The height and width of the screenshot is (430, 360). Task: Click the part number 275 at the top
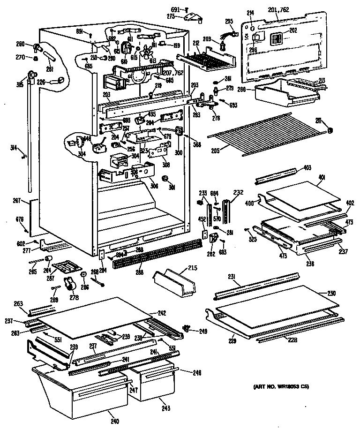[171, 16]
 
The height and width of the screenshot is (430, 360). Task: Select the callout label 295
[229, 21]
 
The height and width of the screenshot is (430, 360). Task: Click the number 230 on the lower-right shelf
[332, 294]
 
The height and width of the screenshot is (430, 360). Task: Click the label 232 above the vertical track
[238, 192]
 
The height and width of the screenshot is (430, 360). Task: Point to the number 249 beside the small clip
[202, 332]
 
